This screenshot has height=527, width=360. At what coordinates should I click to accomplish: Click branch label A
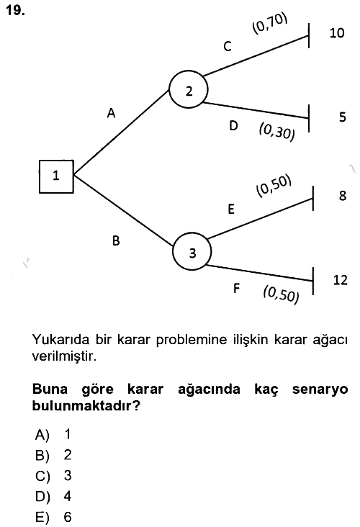click(112, 113)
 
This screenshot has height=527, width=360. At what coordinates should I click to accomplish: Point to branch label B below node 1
click(116, 240)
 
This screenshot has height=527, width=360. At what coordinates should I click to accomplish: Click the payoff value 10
click(337, 33)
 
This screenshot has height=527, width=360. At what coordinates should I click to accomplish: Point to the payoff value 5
click(342, 117)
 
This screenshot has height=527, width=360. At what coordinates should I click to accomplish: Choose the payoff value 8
click(343, 195)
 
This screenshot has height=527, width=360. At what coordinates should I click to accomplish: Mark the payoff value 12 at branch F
click(340, 279)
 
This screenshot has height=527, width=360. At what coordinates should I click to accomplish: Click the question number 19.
click(15, 10)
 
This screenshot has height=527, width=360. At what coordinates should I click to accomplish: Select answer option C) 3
click(53, 476)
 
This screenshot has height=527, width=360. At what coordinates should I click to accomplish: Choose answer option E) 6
click(53, 517)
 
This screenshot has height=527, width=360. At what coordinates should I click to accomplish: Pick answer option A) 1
click(53, 434)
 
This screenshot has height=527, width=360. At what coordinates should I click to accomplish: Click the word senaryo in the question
click(320, 389)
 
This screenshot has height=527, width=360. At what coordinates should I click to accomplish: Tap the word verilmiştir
click(64, 356)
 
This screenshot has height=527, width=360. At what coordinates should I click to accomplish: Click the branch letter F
click(237, 288)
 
